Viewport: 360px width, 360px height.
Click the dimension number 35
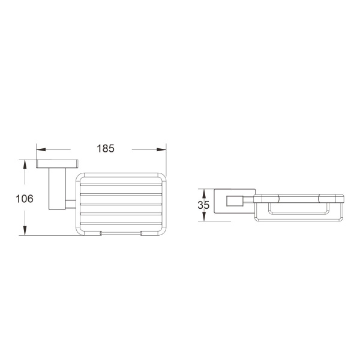pyautogui.click(x=203, y=205)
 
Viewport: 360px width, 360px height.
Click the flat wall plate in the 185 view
pyautogui.click(x=59, y=164)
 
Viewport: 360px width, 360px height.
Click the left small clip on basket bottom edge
pyautogui.click(x=101, y=232)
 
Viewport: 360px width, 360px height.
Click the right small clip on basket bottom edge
pyautogui.click(x=142, y=232)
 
